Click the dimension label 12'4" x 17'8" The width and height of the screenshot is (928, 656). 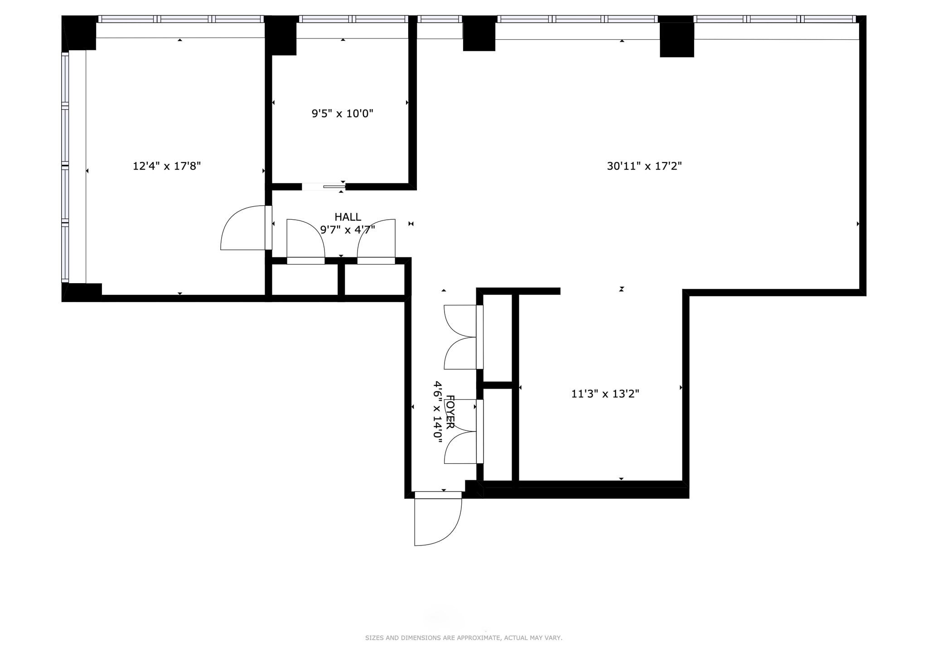[166, 166]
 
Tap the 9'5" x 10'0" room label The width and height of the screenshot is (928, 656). [342, 113]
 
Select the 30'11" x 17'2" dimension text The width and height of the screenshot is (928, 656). [644, 166]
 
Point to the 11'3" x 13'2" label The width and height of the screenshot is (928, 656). [605, 394]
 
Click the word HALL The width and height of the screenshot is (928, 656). [348, 217]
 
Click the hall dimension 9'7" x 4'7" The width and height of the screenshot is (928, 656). [348, 230]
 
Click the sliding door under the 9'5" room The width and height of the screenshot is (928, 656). [324, 187]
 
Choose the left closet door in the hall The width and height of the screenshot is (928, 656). [305, 240]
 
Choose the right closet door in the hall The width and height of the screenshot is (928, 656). [376, 240]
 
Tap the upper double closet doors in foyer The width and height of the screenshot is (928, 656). [460, 337]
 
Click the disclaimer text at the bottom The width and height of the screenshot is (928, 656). [464, 638]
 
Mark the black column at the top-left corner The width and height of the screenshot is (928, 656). [80, 33]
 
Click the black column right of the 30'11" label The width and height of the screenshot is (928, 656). [677, 39]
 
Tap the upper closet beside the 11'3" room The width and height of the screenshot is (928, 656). [498, 338]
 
